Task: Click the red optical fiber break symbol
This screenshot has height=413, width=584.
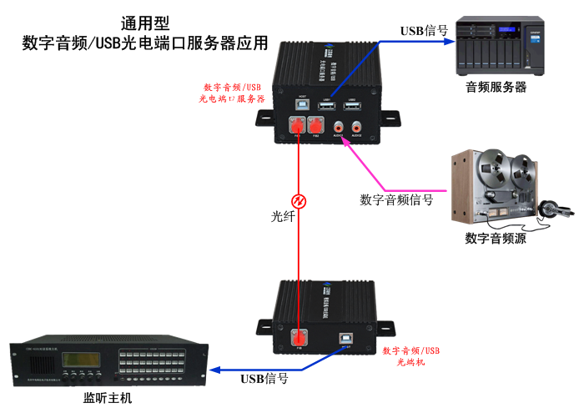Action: [296, 200]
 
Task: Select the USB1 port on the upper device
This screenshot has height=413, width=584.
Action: [327, 107]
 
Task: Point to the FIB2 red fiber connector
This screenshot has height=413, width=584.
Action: [315, 126]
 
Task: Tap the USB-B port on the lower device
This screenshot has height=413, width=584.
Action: [345, 338]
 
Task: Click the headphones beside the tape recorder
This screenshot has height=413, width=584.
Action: [551, 210]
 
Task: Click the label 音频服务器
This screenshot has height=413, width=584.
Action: [496, 87]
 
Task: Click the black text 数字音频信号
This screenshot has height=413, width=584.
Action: [396, 199]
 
